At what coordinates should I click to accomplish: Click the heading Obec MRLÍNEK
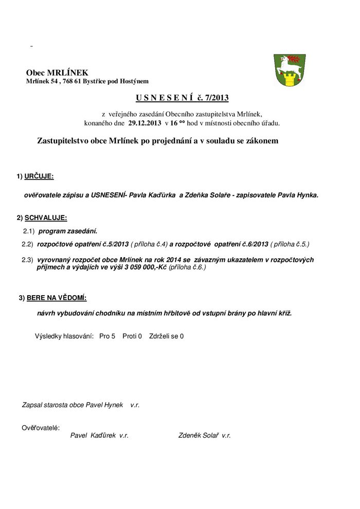pos(57,72)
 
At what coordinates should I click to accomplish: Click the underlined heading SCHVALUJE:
pos(45,218)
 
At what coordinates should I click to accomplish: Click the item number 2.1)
pos(28,231)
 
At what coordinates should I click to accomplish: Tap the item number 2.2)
pos(27,243)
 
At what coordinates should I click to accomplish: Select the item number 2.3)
pos(27,260)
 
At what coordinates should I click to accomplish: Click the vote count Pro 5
pos(107,336)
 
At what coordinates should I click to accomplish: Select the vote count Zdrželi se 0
pos(166,336)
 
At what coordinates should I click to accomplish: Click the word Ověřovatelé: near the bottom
pos(41,428)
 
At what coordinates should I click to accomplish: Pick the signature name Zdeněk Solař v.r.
pos(204,435)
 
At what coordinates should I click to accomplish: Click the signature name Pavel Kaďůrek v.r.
pos(99,435)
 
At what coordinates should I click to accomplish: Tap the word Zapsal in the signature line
pos(32,405)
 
